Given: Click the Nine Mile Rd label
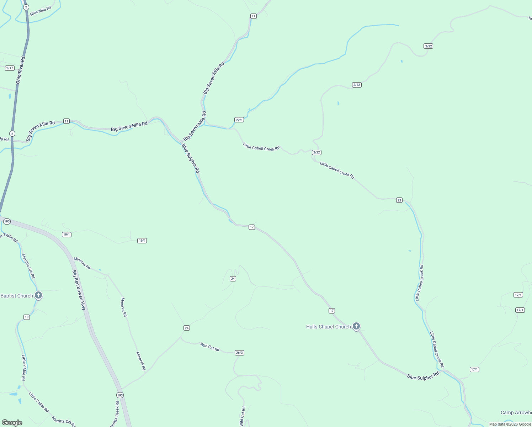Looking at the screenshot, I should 41,11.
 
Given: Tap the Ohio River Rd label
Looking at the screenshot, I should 21,70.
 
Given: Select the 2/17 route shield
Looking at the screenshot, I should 10,68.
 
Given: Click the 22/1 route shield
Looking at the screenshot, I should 239,120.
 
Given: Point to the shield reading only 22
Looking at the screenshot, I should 399,200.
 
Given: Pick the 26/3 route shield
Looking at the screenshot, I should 239,353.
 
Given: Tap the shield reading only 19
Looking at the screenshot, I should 27,317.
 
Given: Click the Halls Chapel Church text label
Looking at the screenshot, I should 328,327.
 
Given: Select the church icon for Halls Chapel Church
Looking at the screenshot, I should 356,326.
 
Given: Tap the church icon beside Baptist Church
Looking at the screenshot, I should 38,295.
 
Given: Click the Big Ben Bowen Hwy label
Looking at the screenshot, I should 79,290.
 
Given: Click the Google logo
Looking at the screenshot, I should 12,423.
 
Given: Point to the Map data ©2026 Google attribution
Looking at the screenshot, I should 510,424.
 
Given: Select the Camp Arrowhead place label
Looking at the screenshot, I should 516,413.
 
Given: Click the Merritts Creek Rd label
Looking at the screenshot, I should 115,415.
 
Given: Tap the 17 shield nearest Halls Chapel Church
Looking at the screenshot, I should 332,311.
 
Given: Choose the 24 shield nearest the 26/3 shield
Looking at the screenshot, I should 187,328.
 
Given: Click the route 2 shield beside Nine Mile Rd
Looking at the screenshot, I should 26,7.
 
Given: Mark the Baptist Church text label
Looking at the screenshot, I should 17,296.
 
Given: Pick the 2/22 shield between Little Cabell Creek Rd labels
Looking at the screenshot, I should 316,152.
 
